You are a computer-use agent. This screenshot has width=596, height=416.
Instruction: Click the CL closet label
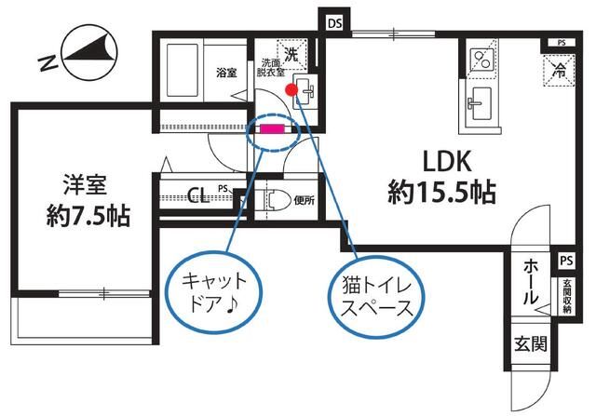[x=196, y=195]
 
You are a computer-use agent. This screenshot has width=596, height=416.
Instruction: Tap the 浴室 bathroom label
[x=226, y=73]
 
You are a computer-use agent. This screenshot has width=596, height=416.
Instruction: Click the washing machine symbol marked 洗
[x=292, y=54]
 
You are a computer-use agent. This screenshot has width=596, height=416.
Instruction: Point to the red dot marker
[x=291, y=90]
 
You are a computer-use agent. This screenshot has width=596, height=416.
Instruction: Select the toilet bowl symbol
[x=274, y=199]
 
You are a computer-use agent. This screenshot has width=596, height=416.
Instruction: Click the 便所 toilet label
[x=304, y=199]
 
